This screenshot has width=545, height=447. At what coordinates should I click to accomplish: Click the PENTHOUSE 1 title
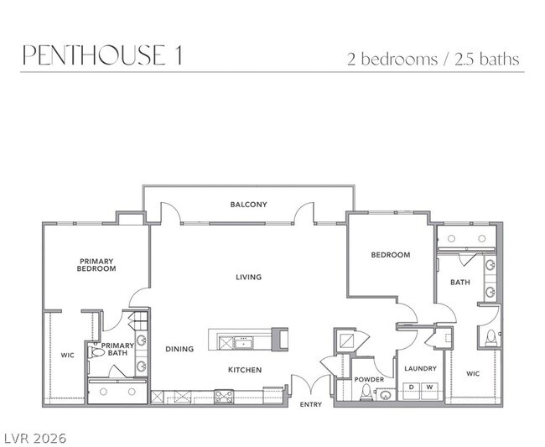pos(101,55)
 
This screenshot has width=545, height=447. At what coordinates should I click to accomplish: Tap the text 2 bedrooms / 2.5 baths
pos(433,59)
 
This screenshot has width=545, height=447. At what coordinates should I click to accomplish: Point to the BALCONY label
pos(248,205)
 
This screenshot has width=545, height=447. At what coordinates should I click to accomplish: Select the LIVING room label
pos(248,277)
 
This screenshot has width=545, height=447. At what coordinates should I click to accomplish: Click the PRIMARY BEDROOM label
pos(96,265)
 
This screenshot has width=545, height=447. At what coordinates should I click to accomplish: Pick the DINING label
pos(179,349)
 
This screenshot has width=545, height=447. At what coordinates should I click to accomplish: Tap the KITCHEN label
pos(245,370)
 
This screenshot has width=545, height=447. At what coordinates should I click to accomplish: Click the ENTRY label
pos(311,405)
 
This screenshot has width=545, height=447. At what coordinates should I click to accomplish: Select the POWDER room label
pos(369,379)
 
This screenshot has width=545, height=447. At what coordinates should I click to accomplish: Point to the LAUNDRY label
pos(420,368)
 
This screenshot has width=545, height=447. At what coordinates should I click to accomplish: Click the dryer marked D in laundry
pos(411,387)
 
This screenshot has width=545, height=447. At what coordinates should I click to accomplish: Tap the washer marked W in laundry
pos(429,387)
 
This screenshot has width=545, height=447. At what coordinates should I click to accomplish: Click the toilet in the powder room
pos(365,394)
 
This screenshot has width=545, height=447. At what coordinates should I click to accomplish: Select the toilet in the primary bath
pos(97,353)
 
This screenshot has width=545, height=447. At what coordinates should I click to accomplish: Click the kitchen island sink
pos(245,342)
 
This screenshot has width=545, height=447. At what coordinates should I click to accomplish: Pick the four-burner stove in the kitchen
pos(224,397)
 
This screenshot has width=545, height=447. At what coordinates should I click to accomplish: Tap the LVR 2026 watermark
pos(34,438)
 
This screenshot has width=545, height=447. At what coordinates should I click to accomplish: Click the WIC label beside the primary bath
pos(67,356)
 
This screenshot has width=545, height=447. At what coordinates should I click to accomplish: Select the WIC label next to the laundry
pos(473,373)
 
